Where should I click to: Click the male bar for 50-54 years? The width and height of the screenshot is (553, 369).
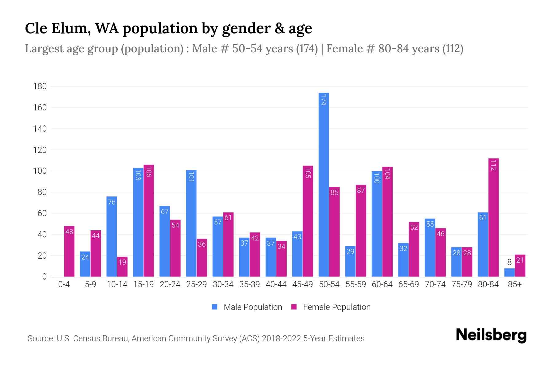324,184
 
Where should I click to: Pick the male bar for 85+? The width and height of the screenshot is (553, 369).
509,272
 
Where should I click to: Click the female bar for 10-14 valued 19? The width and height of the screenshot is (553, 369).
122,267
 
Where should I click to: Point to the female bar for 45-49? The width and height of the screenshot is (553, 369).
308,221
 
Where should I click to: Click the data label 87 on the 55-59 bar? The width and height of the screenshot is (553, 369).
361,190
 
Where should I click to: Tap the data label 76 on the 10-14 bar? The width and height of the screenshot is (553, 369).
112,202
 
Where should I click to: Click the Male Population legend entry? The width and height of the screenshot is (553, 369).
247,307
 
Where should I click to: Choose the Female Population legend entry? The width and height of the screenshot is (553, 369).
331,307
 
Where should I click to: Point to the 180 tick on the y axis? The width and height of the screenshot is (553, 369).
40,86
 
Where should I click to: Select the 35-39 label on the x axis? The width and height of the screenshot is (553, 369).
249,284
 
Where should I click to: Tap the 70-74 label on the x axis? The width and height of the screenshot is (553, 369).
435,284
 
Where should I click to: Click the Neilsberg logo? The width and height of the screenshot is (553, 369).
491,335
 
